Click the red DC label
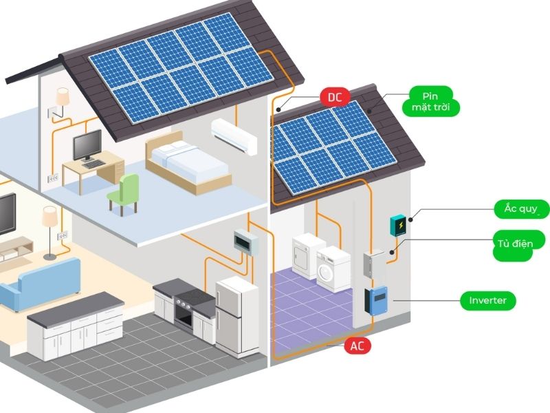(x=335, y=97)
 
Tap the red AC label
(x=357, y=346)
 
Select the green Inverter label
(x=487, y=301)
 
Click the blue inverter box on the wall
(x=375, y=301)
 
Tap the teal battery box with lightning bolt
(x=398, y=225)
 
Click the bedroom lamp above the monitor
(x=63, y=96)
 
